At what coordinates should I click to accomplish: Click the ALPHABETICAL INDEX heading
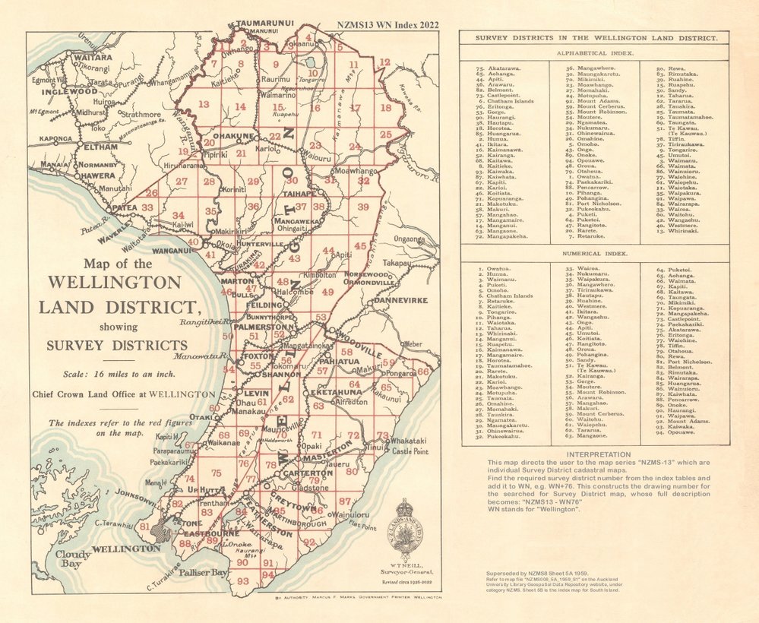tap(594, 55)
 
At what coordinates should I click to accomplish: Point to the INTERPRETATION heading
tap(594, 454)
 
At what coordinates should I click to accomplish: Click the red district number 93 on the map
tap(242, 580)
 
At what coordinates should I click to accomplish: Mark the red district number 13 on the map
tap(204, 104)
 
